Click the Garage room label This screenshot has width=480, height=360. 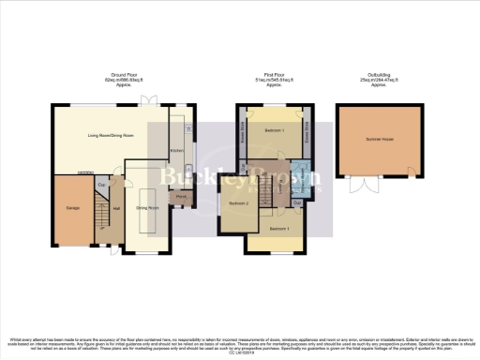(x=70, y=207)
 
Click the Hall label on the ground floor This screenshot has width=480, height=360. (x=116, y=208)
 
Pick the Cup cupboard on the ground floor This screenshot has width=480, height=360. (x=101, y=185)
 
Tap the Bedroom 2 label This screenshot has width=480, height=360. (x=238, y=202)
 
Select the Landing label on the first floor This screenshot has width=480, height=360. (x=280, y=185)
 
